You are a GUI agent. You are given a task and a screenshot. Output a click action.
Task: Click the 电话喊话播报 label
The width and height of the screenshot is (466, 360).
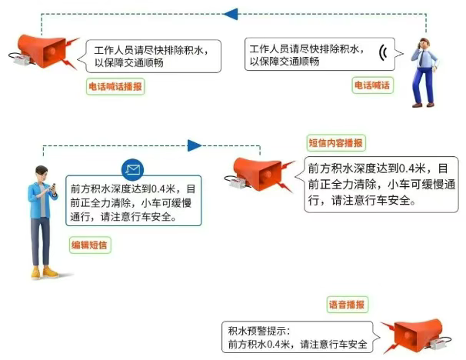[x=115, y=86]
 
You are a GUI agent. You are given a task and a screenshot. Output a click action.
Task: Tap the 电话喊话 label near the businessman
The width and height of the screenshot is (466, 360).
[x=372, y=85]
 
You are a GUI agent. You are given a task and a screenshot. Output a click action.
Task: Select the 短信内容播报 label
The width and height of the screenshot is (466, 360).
[x=336, y=143]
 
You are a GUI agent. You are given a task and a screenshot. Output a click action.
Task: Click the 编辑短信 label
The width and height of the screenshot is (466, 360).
[x=90, y=245]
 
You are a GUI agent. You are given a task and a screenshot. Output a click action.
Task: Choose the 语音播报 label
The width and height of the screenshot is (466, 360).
[x=347, y=305]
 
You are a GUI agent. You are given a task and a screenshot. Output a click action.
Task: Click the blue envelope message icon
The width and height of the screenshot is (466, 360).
[x=132, y=170]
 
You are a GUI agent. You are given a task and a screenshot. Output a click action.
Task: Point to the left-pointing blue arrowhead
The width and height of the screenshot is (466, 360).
[x=231, y=14]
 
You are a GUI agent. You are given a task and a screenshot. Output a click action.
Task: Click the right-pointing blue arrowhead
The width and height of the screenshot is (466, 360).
[x=195, y=145]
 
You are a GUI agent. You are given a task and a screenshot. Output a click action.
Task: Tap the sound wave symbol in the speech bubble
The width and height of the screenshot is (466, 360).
[x=384, y=53]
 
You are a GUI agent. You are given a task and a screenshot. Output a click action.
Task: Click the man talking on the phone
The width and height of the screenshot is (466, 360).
[x=424, y=72]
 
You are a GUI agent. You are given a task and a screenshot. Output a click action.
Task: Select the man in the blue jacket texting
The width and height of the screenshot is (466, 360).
[x=43, y=222]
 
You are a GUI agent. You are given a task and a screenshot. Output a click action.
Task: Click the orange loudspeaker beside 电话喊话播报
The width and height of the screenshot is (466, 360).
[x=44, y=51]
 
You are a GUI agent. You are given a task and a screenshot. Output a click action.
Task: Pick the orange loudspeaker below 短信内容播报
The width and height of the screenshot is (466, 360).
[x=259, y=174]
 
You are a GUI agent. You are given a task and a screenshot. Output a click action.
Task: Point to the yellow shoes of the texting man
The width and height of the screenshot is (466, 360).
[x=45, y=272]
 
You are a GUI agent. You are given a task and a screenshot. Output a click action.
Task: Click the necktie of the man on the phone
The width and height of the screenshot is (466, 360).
[x=421, y=58]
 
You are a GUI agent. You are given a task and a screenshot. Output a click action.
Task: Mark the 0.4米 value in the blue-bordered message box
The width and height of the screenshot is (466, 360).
[x=163, y=188]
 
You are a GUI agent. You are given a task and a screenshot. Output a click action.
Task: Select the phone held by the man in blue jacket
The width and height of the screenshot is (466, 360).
[x=54, y=187]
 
